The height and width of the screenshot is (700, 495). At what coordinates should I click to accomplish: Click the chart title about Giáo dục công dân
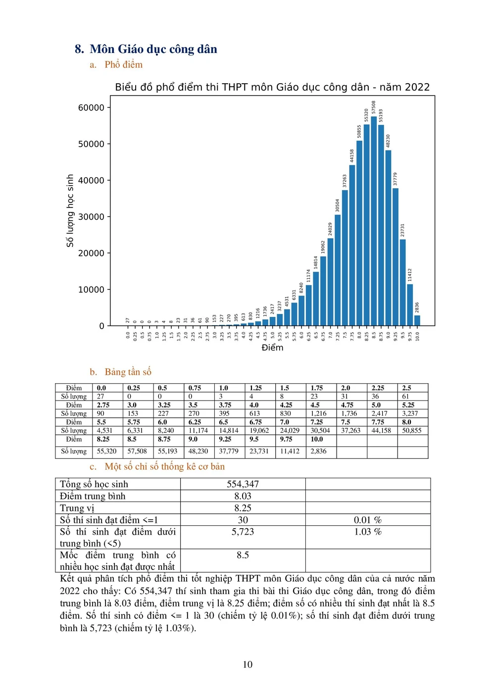tap(272, 87)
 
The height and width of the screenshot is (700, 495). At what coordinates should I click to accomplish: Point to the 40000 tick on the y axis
tap(91, 181)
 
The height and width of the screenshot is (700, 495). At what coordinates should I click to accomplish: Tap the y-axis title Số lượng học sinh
tap(70, 210)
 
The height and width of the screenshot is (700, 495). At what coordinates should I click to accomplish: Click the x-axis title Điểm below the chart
tap(272, 348)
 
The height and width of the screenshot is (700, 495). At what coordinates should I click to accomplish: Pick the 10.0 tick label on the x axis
tap(417, 336)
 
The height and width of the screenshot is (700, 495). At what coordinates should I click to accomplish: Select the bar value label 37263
tap(345, 181)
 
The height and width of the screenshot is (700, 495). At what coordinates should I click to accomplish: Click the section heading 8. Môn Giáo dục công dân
tap(146, 49)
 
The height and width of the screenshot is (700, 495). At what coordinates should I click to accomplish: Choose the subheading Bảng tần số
tap(128, 372)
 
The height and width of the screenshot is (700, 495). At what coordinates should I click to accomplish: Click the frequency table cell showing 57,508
tap(137, 451)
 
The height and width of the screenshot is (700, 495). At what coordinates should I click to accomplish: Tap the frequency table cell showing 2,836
tap(318, 451)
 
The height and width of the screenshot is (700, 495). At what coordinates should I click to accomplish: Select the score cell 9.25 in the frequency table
tap(225, 439)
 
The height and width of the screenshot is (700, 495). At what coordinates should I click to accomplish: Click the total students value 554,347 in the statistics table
tap(243, 484)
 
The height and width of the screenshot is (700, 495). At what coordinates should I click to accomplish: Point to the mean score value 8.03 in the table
tap(243, 496)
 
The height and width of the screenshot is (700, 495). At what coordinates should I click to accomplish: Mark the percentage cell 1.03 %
tap(368, 532)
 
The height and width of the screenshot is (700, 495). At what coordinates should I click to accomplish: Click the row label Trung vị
tap(77, 508)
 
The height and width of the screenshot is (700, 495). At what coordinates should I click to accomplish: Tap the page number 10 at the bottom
tap(247, 664)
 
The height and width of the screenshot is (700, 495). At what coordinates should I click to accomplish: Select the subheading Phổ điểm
tap(123, 64)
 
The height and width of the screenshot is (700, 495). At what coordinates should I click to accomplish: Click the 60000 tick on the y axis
tap(91, 108)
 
